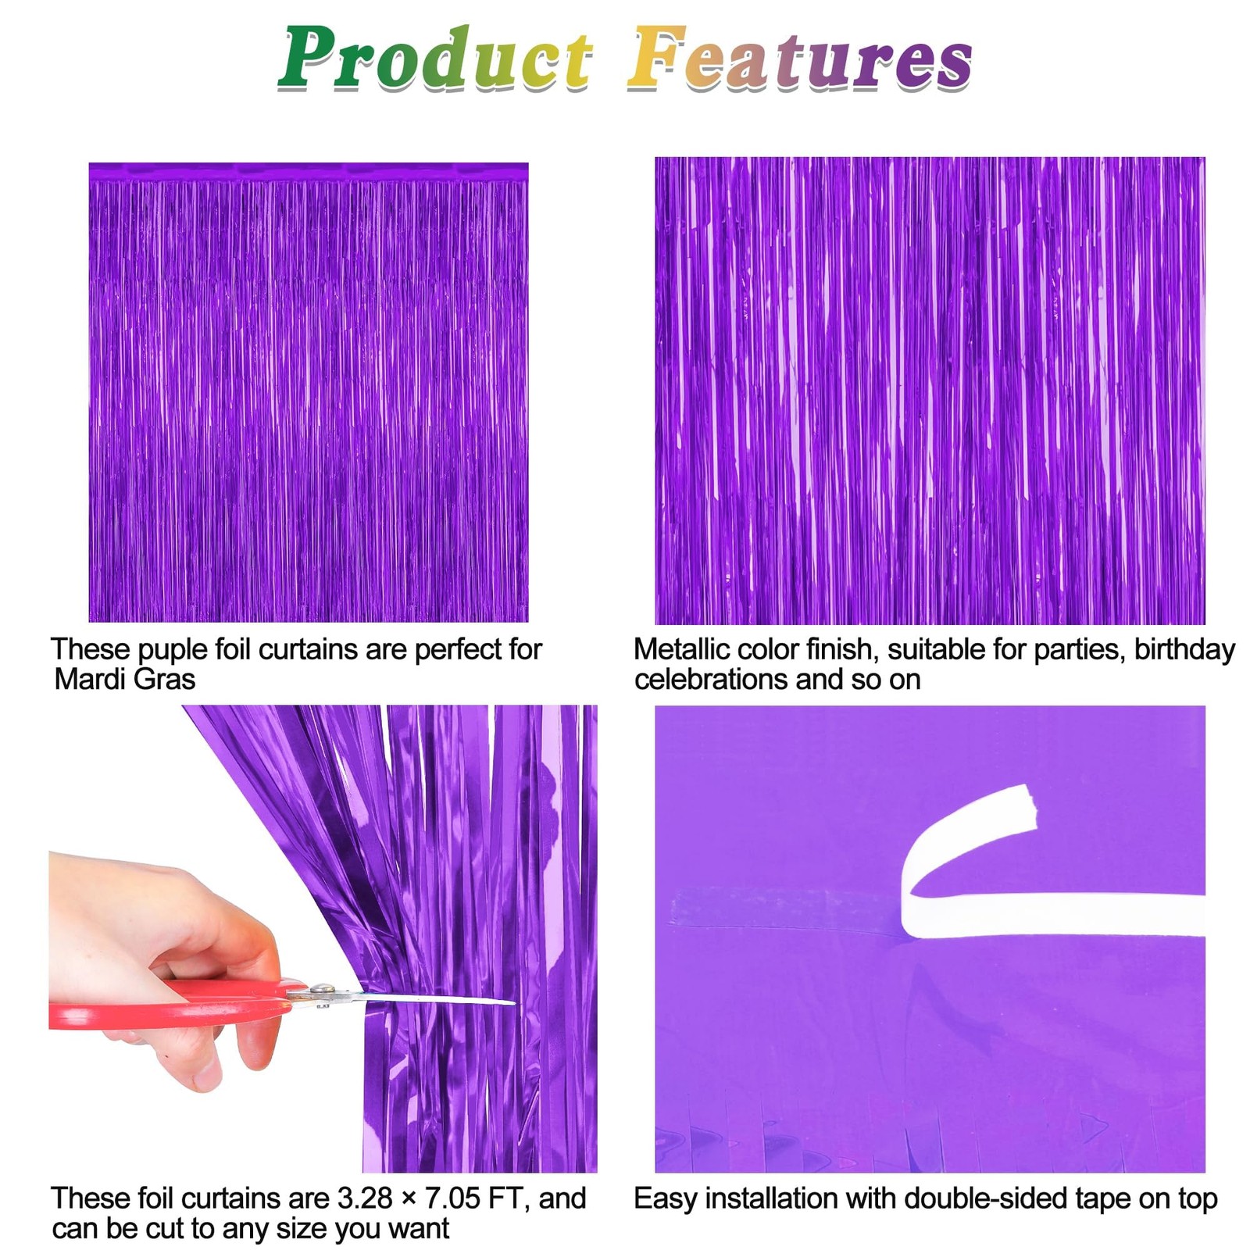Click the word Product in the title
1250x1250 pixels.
[436, 58]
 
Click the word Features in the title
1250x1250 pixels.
[801, 58]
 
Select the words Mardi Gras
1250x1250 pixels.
[125, 679]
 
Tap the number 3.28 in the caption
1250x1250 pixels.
[365, 1198]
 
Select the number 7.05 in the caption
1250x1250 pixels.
[452, 1198]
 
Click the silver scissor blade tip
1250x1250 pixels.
[512, 1002]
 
